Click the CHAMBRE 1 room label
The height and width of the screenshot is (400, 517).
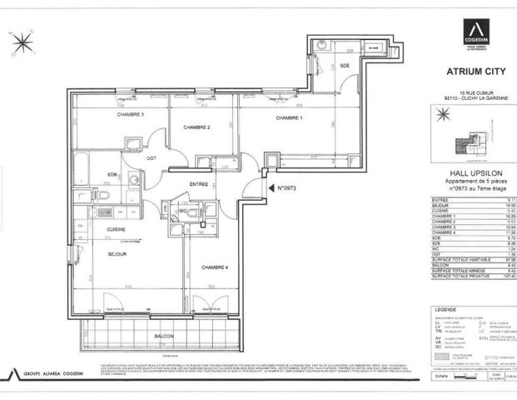(x=289, y=118)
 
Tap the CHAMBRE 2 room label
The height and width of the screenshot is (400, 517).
(x=196, y=127)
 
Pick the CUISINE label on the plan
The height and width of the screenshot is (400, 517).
(x=116, y=228)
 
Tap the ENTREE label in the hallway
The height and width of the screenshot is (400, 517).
(x=198, y=183)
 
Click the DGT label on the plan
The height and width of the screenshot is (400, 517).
(x=152, y=157)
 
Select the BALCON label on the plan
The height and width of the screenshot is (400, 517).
(x=164, y=336)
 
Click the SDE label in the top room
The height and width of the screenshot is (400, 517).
(x=345, y=65)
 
